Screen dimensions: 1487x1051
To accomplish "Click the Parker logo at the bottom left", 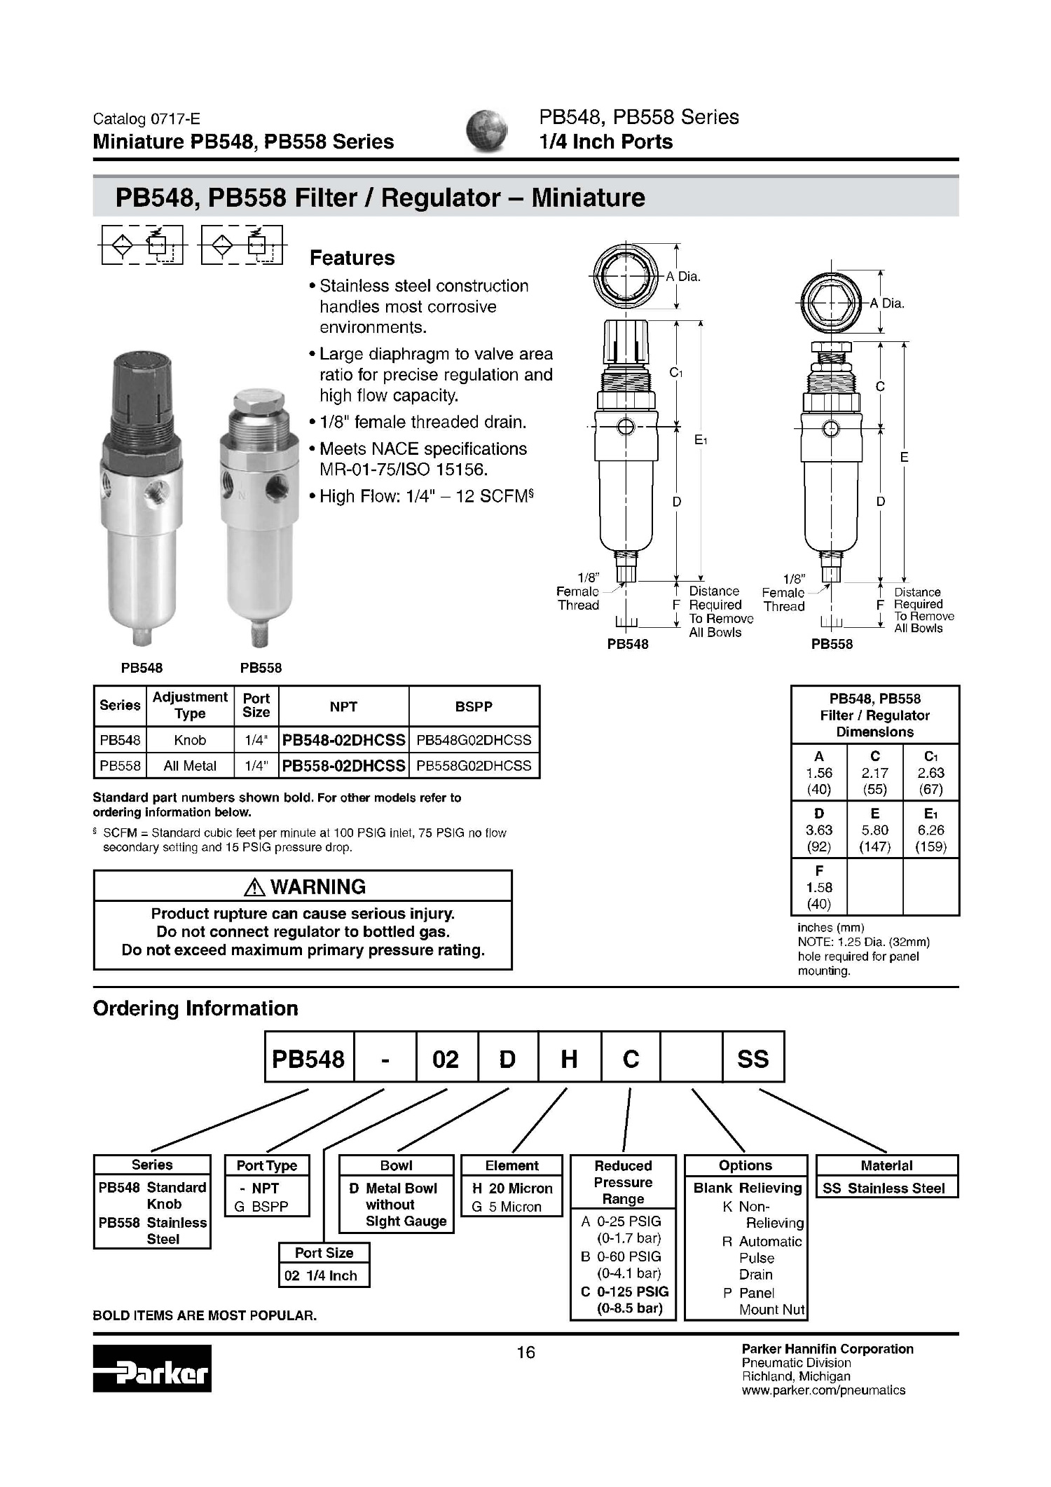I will coord(152,1368).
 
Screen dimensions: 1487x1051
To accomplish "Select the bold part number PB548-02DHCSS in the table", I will coord(343,740).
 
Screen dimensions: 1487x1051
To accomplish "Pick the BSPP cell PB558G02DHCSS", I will coord(474,766).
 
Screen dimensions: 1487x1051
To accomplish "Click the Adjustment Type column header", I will coord(190,705).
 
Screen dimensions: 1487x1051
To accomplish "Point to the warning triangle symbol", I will coord(254,887).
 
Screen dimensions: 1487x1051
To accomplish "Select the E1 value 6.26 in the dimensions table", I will coord(930,830).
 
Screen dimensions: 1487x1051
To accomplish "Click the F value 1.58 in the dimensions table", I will coord(818,887).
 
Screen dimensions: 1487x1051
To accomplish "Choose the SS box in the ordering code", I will coord(753,1059).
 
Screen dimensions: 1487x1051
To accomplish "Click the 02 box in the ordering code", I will coord(446,1059).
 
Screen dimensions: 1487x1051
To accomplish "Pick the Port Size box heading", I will coord(324,1253).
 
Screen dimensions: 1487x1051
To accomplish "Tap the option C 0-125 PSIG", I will coord(625,1291).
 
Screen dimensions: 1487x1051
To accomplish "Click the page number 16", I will coord(525,1352).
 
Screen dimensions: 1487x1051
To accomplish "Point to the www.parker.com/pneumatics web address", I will coord(823,1390).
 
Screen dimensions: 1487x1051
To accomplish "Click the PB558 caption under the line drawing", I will coord(832,644).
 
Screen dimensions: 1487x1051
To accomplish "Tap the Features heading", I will coord(352,258).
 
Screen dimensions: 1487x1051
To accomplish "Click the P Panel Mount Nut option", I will coord(764,1301).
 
